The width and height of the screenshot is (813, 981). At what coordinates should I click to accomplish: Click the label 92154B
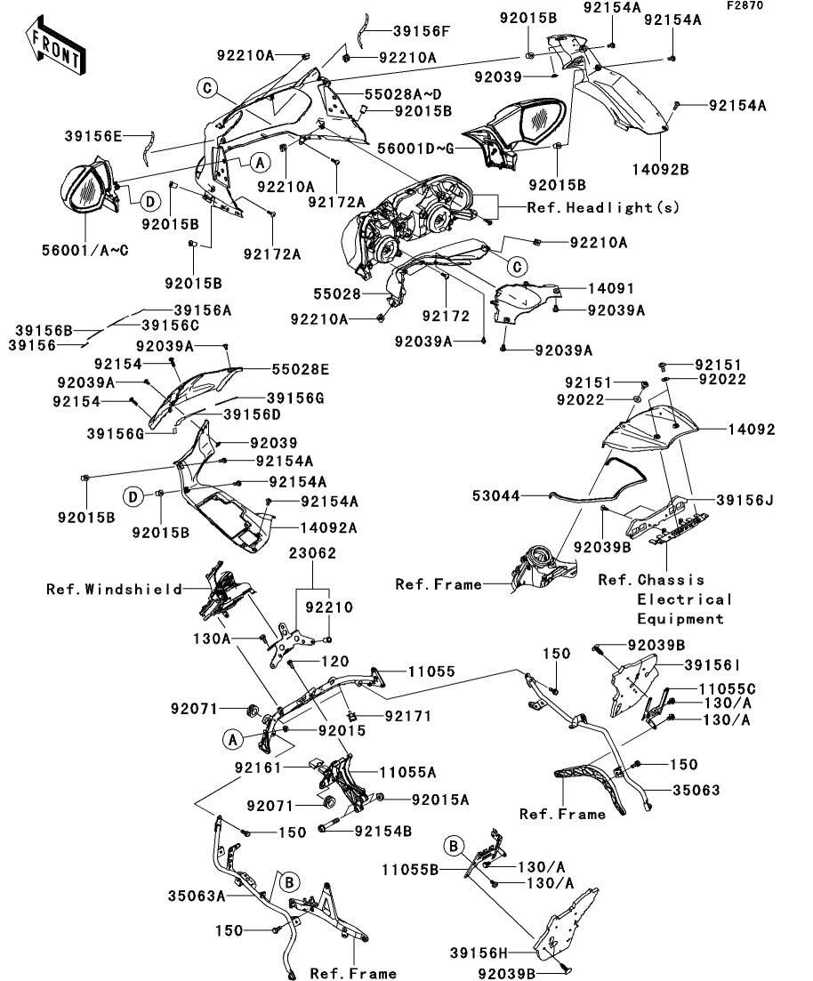coord(382,832)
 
